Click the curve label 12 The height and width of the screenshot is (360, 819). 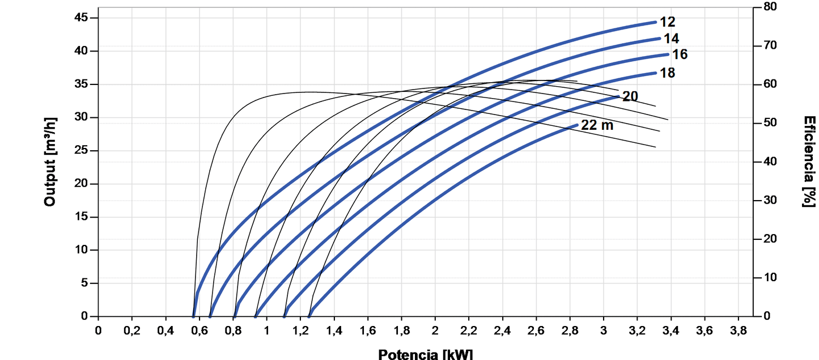pyautogui.click(x=668, y=23)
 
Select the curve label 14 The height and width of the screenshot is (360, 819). pyautogui.click(x=672, y=39)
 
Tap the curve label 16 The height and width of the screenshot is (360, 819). pyautogui.click(x=680, y=54)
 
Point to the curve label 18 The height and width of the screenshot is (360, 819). pyautogui.click(x=667, y=73)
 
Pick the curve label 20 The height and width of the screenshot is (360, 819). pyautogui.click(x=630, y=96)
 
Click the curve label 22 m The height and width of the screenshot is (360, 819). pyautogui.click(x=597, y=125)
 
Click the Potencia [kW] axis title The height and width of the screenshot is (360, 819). pyautogui.click(x=425, y=354)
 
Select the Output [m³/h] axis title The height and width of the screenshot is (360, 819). pyautogui.click(x=50, y=162)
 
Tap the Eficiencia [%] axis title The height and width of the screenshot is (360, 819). pyautogui.click(x=809, y=162)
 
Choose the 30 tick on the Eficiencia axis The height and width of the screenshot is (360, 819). pyautogui.click(x=766, y=200)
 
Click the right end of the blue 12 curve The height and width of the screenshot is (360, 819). pyautogui.click(x=655, y=22)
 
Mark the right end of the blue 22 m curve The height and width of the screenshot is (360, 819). pyautogui.click(x=577, y=125)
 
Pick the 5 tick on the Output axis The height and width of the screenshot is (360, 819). pyautogui.click(x=86, y=283)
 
